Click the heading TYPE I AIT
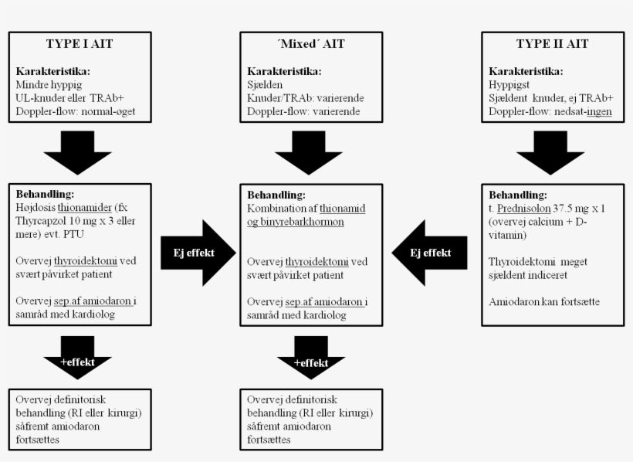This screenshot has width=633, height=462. [x=80, y=43]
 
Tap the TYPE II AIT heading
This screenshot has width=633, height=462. [x=546, y=43]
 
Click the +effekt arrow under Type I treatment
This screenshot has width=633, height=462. [x=78, y=360]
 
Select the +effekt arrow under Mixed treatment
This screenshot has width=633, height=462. [x=310, y=362]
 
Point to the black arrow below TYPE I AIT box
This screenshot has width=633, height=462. [x=78, y=152]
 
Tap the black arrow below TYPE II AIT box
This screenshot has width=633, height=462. [x=550, y=152]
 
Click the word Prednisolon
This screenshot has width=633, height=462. [x=525, y=209]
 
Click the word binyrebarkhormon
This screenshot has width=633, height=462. [x=306, y=221]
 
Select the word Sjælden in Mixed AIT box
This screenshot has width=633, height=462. [x=266, y=85]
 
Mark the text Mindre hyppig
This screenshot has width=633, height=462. [x=49, y=85]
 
